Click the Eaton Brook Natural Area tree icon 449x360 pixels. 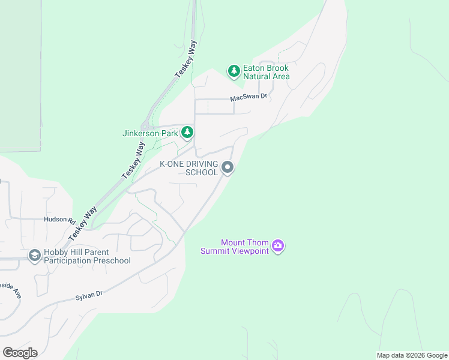pyautogui.click(x=234, y=71)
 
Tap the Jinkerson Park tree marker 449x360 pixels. pyautogui.click(x=188, y=132)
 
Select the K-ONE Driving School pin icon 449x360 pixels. pyautogui.click(x=228, y=167)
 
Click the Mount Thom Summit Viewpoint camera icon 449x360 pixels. pyautogui.click(x=278, y=245)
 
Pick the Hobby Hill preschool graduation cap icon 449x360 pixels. pyautogui.click(x=34, y=256)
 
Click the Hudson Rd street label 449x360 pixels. pyautogui.click(x=59, y=220)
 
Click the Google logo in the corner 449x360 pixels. pyautogui.click(x=20, y=353)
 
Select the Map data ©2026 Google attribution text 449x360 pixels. pyautogui.click(x=412, y=355)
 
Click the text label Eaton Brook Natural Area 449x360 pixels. pyautogui.click(x=266, y=73)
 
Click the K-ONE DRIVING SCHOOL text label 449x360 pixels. pyautogui.click(x=188, y=168)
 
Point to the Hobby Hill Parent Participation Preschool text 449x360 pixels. pyautogui.click(x=87, y=256)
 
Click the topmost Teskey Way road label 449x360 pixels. pyautogui.click(x=186, y=58)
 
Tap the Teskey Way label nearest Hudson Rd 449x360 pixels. pyautogui.click(x=83, y=224)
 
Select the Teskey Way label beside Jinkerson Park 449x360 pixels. pyautogui.click(x=133, y=160)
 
